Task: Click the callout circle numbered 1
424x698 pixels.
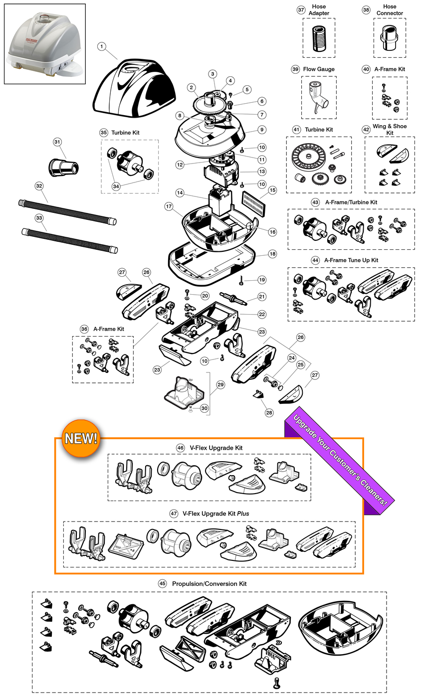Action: tap(101, 46)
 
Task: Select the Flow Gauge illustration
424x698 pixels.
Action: tap(318, 93)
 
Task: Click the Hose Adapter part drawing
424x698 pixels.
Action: tap(319, 38)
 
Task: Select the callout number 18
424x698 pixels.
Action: tap(272, 254)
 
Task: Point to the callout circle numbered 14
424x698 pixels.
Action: tap(180, 192)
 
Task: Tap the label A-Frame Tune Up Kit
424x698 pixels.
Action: tap(351, 260)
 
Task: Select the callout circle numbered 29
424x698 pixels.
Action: tap(220, 385)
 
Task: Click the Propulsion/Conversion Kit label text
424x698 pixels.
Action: tap(209, 583)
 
